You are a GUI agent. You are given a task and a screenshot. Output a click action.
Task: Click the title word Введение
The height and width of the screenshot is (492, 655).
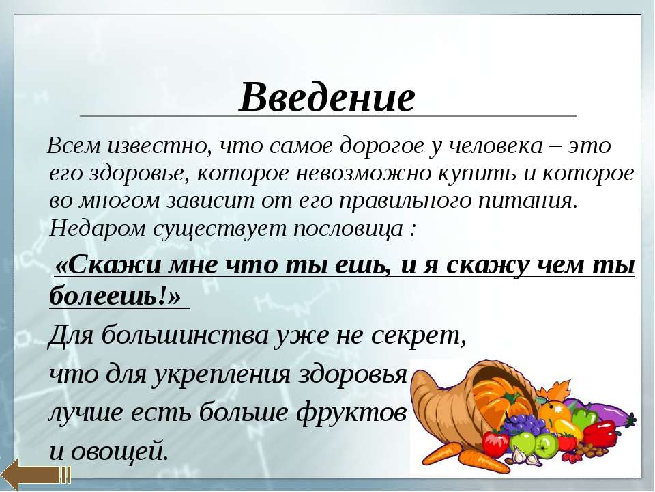coord(327,96)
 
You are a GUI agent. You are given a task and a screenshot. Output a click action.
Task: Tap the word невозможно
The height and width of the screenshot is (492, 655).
coord(364,174)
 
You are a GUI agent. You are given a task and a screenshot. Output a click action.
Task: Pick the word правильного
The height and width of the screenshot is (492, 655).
coord(406,202)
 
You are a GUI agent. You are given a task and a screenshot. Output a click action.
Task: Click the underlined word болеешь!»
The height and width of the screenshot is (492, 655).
coord(115,295)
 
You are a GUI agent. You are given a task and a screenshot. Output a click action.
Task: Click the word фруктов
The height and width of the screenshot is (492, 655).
coord(351,413)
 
